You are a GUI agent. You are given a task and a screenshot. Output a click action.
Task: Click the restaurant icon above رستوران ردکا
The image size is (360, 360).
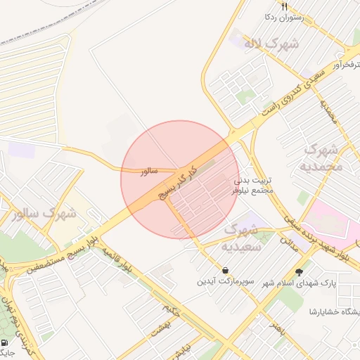[x=284, y=6]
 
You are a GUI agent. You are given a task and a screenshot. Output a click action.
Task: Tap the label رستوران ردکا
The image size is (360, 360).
[x=283, y=17]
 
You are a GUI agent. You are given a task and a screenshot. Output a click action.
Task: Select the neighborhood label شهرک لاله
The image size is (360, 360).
[x=271, y=44]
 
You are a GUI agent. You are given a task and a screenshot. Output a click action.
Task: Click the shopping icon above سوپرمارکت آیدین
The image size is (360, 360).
[x=224, y=270]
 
